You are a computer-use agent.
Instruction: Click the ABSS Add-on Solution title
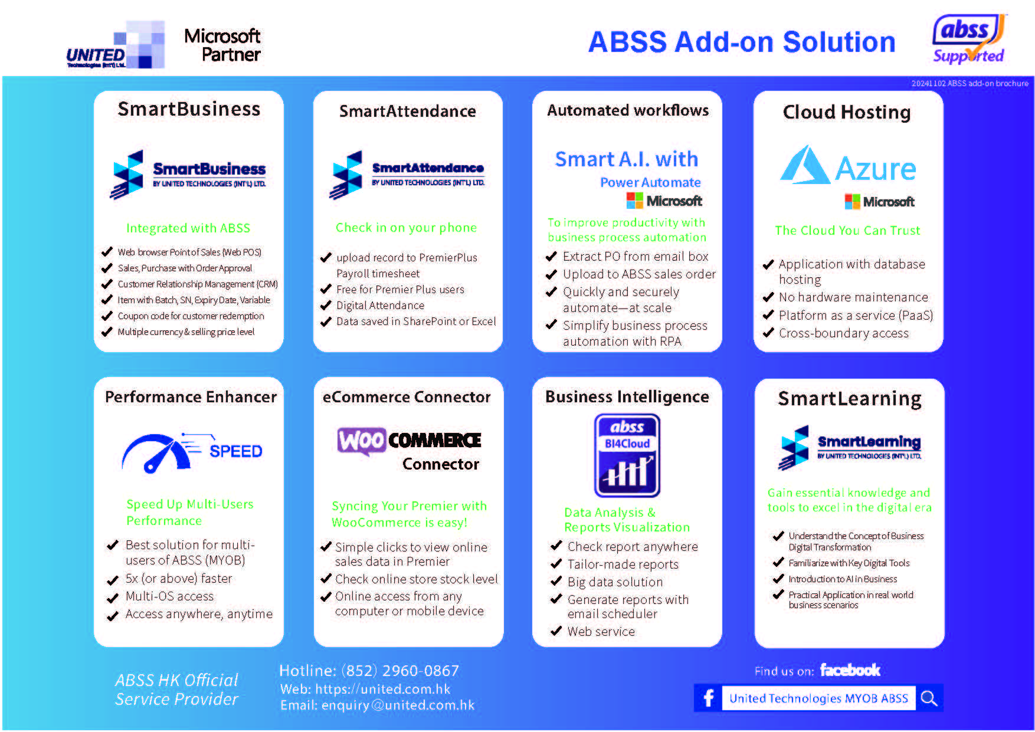pyautogui.click(x=741, y=42)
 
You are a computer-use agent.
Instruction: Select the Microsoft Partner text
pyautogui.click(x=222, y=45)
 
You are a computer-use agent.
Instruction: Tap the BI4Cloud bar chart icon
pyautogui.click(x=627, y=455)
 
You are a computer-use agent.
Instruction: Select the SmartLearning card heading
pyautogui.click(x=849, y=399)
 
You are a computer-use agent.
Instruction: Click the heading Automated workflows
pyautogui.click(x=627, y=110)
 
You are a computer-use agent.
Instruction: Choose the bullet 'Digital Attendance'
pyautogui.click(x=380, y=306)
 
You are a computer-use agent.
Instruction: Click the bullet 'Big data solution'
pyautogui.click(x=615, y=582)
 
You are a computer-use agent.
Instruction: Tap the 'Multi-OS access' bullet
pyautogui.click(x=169, y=596)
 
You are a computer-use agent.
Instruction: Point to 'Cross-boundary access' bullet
pyautogui.click(x=843, y=333)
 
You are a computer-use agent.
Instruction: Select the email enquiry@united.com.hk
pyautogui.click(x=398, y=705)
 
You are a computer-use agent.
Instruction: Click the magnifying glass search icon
pyautogui.click(x=929, y=698)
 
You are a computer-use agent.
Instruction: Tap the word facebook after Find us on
pyautogui.click(x=850, y=670)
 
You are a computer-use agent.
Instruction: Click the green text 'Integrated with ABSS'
pyautogui.click(x=188, y=228)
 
